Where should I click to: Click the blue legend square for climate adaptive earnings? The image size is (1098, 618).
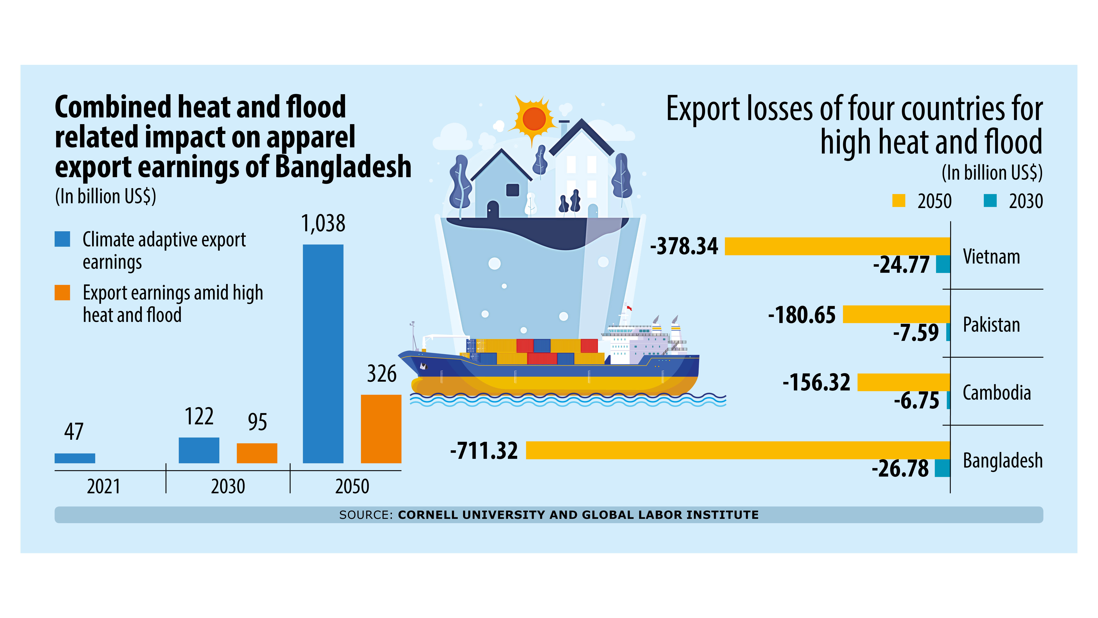click(62, 239)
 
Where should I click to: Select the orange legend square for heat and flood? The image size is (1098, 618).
click(62, 293)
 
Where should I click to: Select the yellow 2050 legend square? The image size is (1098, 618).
click(899, 201)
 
